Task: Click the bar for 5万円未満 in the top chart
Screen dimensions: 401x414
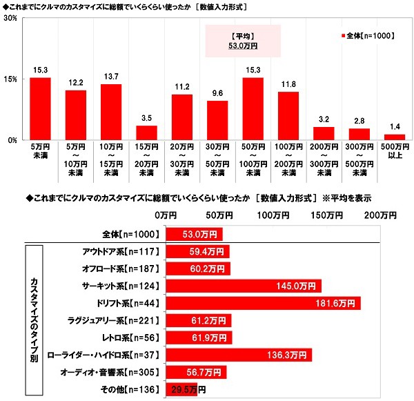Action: point(40,108)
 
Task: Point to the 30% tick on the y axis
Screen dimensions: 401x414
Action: point(10,19)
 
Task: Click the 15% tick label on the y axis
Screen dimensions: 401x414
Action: point(10,79)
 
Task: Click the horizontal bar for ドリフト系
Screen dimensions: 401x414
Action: point(262,303)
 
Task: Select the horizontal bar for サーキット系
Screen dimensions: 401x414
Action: point(242,285)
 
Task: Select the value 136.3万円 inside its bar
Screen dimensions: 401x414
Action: point(289,355)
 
